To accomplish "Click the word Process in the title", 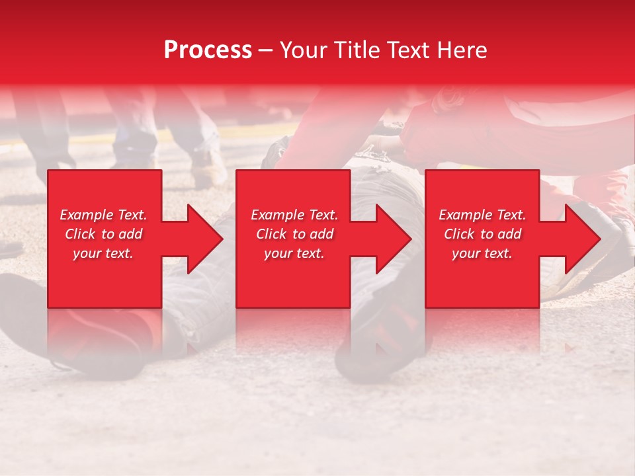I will point(208,50).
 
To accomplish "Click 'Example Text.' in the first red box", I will point(103,215).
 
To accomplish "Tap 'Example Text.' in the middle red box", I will point(294,215).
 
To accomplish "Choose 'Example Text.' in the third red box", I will point(482,215).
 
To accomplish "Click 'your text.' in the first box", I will point(103,253).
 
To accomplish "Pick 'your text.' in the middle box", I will point(294,253).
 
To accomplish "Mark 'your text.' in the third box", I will point(482,253).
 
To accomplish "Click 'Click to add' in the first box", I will point(103,234).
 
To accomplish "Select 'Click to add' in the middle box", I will point(294,234).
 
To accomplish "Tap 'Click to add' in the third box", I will point(482,234).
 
